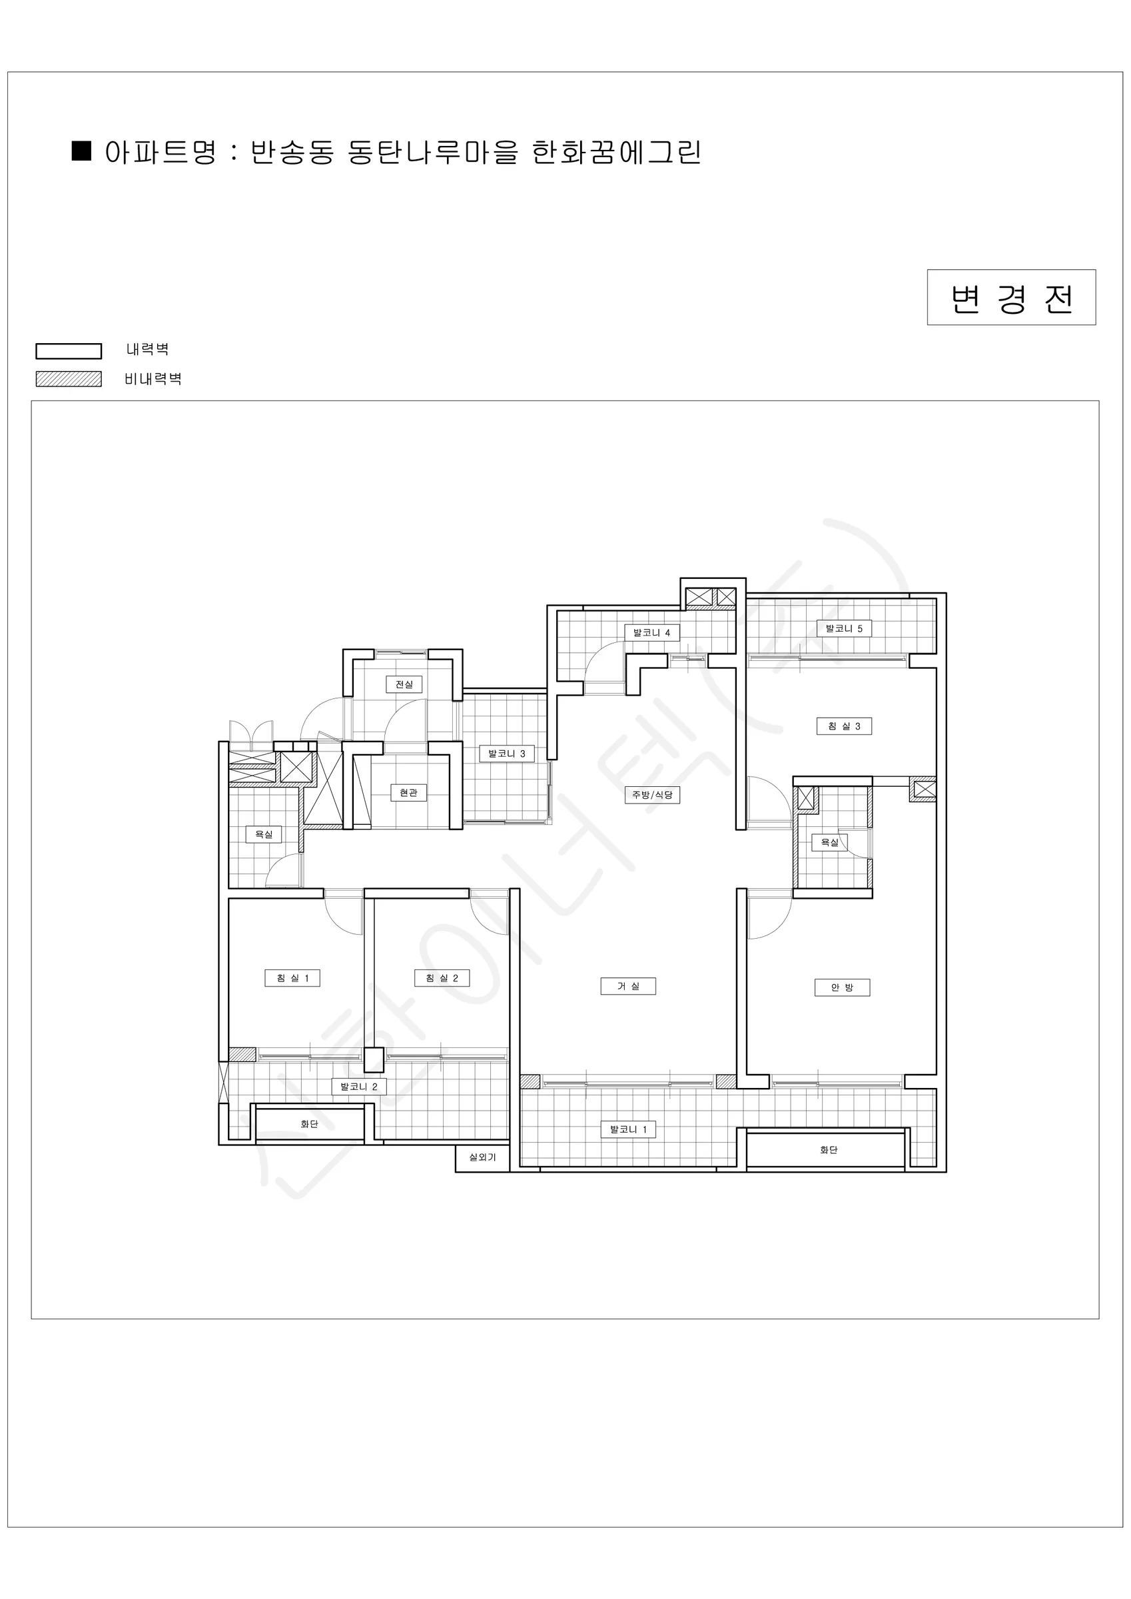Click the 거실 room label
coord(627,986)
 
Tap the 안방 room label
coord(842,987)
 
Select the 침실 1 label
coord(292,978)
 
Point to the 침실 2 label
coord(442,978)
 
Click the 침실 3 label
coord(844,726)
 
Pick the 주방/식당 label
coord(652,795)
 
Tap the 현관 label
coord(408,793)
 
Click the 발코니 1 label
coord(628,1129)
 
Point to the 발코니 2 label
coord(358,1086)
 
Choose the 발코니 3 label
coord(506,754)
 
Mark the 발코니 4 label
coord(651,632)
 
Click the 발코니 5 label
coord(844,628)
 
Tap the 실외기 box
coord(483,1157)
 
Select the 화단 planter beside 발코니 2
coord(308,1123)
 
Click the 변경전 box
coord(1011,297)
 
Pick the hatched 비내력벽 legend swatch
coord(69,379)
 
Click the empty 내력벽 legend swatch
coord(69,350)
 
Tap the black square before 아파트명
coord(82,151)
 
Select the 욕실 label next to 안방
coord(829,842)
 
